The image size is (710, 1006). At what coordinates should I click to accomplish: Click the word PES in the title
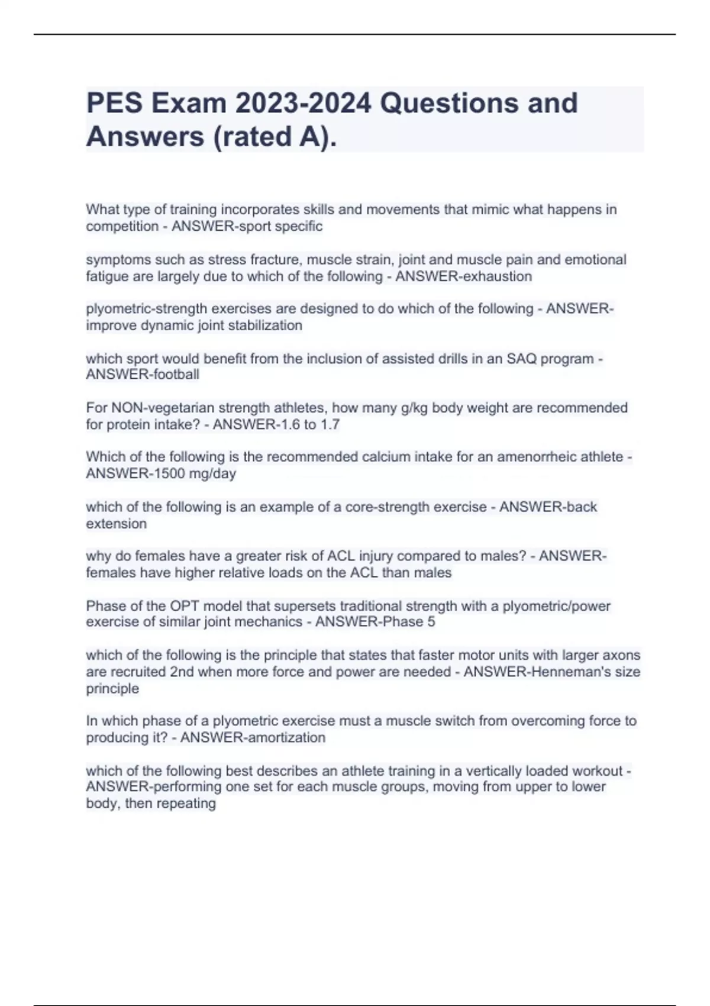[x=114, y=103]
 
